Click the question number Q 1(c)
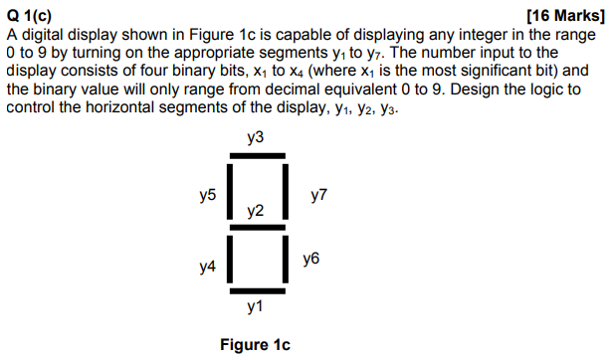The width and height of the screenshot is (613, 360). click(x=30, y=15)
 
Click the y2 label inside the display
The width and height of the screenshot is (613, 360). click(x=256, y=211)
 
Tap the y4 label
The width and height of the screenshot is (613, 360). click(x=207, y=267)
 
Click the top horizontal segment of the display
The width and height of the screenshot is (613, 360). click(x=257, y=155)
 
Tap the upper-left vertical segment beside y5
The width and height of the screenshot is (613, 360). click(x=230, y=189)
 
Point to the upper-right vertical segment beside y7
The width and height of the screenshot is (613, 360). click(x=287, y=189)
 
